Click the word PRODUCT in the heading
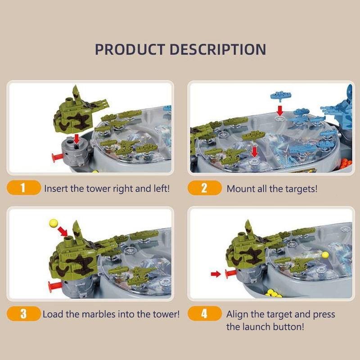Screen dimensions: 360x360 click(130, 49)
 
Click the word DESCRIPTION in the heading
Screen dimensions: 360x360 click(218, 49)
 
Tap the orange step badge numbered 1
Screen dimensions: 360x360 click(24, 188)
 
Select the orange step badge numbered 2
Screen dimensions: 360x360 click(205, 188)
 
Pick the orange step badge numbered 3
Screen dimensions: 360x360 click(24, 314)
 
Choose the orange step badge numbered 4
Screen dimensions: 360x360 click(205, 314)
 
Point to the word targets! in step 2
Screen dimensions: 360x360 click(301, 189)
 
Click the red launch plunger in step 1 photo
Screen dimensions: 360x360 click(58, 157)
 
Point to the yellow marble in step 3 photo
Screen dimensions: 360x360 click(54, 223)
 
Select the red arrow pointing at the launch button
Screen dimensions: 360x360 click(216, 274)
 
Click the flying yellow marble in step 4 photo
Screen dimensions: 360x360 click(325, 255)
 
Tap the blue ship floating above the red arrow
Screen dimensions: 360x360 click(281, 95)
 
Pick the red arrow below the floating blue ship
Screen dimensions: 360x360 click(279, 111)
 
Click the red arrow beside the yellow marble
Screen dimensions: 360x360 click(63, 231)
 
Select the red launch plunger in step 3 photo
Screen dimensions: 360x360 click(54, 285)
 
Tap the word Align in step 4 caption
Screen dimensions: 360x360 click(237, 315)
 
